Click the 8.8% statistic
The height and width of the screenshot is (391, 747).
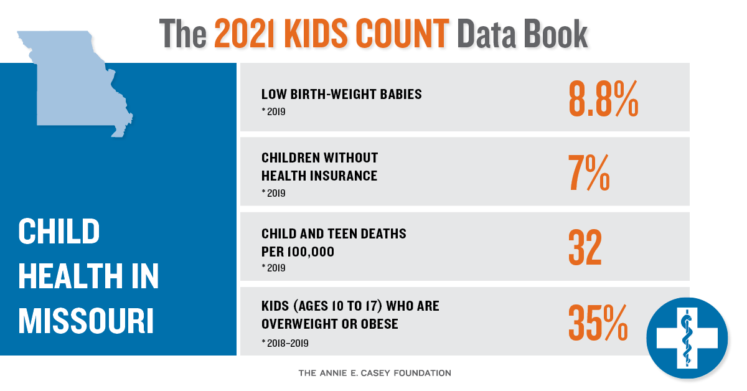(603, 98)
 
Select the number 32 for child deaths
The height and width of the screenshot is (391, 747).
(585, 247)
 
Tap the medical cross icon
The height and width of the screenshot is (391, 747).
(687, 338)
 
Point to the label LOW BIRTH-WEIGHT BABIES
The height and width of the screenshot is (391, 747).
(341, 95)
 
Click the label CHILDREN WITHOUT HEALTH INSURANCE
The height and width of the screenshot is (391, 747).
(319, 167)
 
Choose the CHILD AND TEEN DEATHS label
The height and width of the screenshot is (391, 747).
(334, 234)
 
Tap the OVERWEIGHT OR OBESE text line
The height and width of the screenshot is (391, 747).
(329, 324)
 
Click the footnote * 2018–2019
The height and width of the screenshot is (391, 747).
(285, 343)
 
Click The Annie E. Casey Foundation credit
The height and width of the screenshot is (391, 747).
(375, 374)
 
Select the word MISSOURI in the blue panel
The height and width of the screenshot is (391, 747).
(86, 321)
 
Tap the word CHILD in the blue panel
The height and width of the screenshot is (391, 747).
(59, 232)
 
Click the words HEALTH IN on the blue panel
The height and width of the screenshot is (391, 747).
(88, 276)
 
